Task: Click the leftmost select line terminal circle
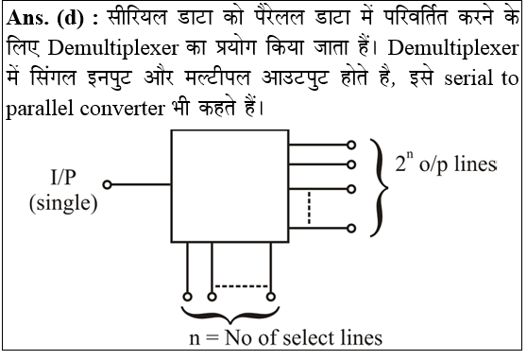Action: click(189, 295)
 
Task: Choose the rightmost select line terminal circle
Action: click(271, 295)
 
